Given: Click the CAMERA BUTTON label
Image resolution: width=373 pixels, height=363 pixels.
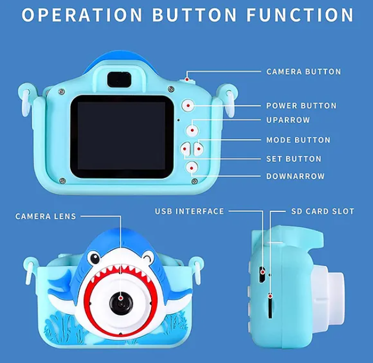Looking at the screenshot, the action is (x=304, y=71).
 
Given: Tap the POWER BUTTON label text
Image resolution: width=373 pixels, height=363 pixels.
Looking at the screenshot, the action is (x=302, y=106).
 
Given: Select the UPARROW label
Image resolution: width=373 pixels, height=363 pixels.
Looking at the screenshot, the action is (x=288, y=120).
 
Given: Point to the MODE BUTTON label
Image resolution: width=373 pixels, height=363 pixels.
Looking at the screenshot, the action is (x=298, y=140).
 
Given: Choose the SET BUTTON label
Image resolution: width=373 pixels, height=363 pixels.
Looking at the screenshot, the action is (x=294, y=159).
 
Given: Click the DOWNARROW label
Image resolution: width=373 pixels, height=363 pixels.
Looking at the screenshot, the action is (x=296, y=176).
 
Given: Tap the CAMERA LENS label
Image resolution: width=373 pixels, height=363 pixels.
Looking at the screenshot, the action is (x=46, y=217).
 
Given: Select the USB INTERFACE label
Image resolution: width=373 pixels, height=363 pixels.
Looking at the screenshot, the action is (x=189, y=211).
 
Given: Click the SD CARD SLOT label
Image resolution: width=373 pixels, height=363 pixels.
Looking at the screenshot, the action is (x=323, y=211).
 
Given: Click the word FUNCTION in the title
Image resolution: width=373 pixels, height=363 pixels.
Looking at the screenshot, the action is (x=300, y=15).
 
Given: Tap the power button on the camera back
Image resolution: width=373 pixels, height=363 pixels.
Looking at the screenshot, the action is (x=188, y=105).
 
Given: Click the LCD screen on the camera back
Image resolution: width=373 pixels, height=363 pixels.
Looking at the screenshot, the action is (x=121, y=136).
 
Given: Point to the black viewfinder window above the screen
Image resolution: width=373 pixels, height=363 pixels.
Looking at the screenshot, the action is (x=119, y=80).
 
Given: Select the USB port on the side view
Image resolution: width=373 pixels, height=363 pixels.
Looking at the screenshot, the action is (x=262, y=274).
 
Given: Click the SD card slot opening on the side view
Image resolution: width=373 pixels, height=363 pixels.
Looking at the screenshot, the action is (x=270, y=305).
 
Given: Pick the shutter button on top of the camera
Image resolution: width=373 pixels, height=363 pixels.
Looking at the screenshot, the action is (x=187, y=80).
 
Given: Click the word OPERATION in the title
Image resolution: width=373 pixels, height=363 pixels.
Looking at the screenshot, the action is (x=82, y=15).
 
